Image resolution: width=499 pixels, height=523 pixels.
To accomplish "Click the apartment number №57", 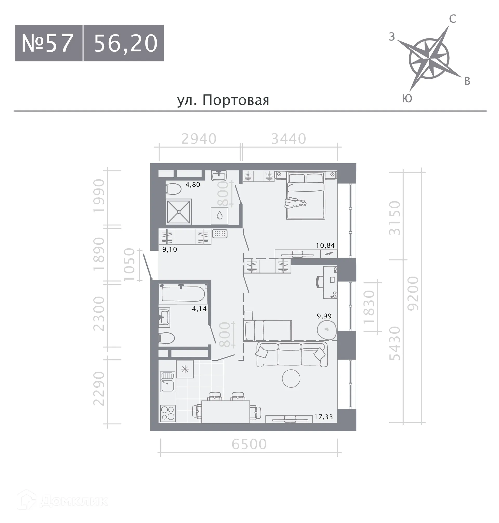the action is [x=47, y=43].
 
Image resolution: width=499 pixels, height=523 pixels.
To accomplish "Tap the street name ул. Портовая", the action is [x=223, y=100].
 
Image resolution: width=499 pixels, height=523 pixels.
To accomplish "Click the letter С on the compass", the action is [x=452, y=19].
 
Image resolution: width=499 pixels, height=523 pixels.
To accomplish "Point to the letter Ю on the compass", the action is [x=407, y=98].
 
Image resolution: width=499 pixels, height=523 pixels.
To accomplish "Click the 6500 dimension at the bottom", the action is [x=249, y=444].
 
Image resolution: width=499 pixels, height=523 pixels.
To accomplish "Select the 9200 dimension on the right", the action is [x=413, y=293].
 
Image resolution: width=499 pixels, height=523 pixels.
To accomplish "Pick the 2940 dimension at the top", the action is [x=199, y=139].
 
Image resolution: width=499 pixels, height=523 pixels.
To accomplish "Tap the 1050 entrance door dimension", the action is [x=129, y=264].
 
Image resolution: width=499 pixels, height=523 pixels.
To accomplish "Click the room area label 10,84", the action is [x=325, y=245].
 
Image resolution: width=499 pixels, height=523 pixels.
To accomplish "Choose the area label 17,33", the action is [x=324, y=417].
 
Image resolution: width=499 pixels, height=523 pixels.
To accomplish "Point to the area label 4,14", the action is [x=199, y=309].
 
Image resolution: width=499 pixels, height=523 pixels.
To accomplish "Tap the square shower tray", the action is [x=179, y=212].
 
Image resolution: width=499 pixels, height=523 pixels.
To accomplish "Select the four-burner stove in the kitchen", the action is [x=168, y=413].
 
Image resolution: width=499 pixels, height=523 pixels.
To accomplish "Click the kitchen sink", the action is [x=168, y=382].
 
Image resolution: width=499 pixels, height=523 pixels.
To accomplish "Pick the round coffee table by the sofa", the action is [x=291, y=378].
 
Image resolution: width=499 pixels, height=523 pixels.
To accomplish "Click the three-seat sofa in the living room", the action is [x=291, y=354].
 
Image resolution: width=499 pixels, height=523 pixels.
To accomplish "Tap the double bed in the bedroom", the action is [x=306, y=196].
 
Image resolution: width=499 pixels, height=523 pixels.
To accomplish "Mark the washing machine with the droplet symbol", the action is [x=219, y=216].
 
